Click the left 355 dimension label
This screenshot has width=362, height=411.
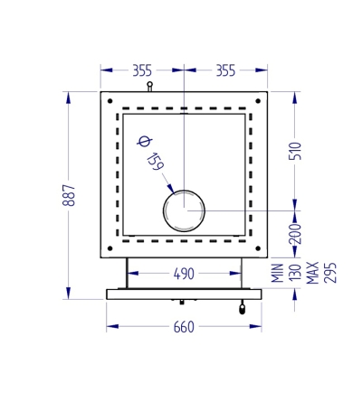[142, 70]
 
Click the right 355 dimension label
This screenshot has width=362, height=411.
[225, 70]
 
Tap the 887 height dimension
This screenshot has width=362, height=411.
[69, 195]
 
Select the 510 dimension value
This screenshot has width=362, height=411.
[295, 151]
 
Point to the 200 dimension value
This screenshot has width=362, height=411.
[295, 233]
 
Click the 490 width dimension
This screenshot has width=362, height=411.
[184, 274]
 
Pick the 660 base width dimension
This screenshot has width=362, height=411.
[184, 327]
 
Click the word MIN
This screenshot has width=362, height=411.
[278, 273]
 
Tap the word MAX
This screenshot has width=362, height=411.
[312, 273]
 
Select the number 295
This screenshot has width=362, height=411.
[329, 273]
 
